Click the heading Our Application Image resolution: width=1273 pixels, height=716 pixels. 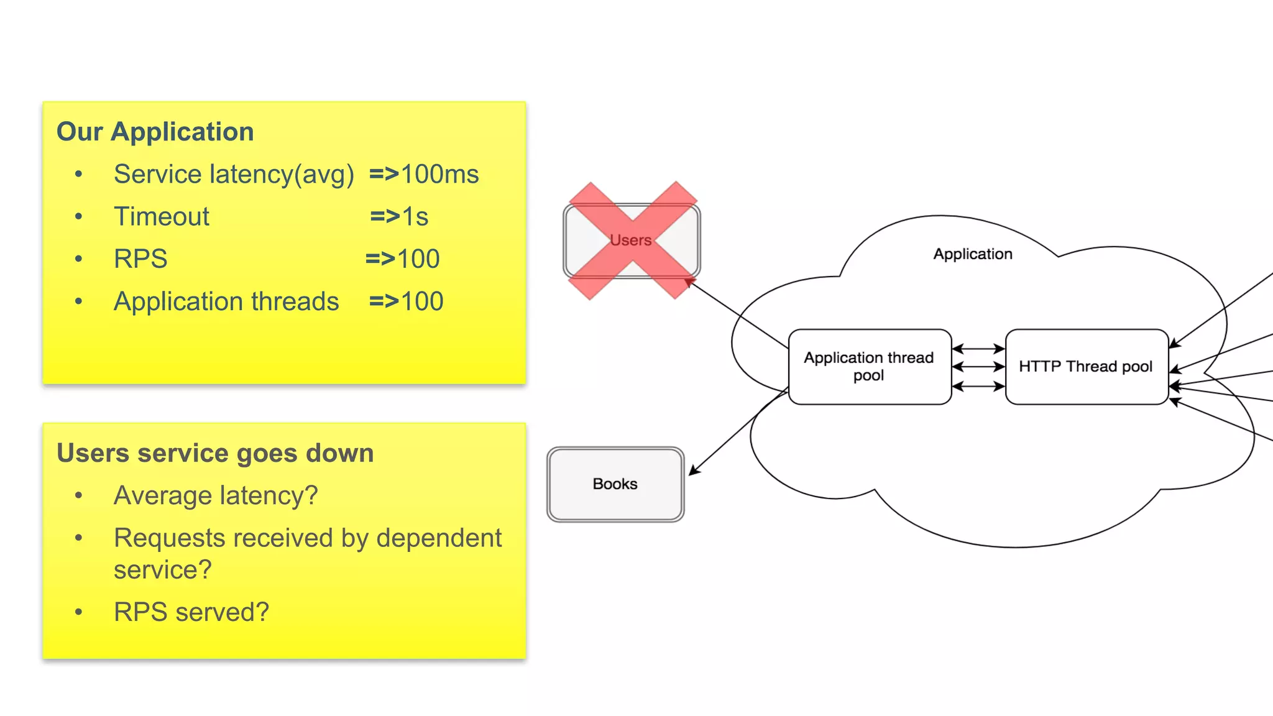155,132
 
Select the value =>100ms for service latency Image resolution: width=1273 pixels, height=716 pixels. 424,174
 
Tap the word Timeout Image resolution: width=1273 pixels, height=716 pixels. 162,216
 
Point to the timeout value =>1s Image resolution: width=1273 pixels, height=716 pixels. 399,216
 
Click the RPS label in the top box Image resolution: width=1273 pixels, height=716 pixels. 140,259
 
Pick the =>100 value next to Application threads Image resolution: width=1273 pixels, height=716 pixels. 406,301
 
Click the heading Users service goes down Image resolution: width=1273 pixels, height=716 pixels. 215,453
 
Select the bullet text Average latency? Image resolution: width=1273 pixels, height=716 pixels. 216,495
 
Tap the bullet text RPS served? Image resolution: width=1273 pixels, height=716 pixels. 191,612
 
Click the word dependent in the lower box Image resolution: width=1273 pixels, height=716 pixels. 439,538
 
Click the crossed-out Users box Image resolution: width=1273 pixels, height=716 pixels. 632,241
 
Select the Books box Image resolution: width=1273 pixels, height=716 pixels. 615,484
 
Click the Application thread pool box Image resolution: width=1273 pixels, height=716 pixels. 869,367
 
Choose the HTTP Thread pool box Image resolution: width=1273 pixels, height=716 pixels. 1086,367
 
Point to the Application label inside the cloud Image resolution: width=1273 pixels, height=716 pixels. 973,254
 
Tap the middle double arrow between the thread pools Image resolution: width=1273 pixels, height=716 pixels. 978,367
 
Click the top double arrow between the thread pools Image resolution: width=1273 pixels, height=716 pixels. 978,349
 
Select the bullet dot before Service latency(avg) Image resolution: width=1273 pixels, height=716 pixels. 78,174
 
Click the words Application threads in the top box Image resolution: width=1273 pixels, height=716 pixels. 226,301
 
